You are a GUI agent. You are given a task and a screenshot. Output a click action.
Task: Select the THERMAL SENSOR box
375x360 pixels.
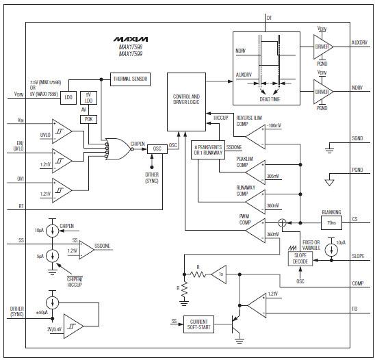[x=130, y=79]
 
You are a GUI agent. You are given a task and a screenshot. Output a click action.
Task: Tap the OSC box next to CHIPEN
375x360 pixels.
[x=157, y=148]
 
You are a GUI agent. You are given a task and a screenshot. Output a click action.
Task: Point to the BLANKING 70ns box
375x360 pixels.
[x=331, y=220]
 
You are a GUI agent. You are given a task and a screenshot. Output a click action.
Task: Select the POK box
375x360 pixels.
[x=89, y=118]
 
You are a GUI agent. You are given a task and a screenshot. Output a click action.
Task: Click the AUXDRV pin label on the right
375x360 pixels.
[x=359, y=42]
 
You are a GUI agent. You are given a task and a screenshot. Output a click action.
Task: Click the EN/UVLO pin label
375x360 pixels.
[x=15, y=146]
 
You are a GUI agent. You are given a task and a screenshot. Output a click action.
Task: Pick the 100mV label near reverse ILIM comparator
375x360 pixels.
[x=275, y=125]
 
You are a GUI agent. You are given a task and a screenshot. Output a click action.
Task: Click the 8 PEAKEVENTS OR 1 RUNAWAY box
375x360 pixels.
[x=207, y=151]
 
